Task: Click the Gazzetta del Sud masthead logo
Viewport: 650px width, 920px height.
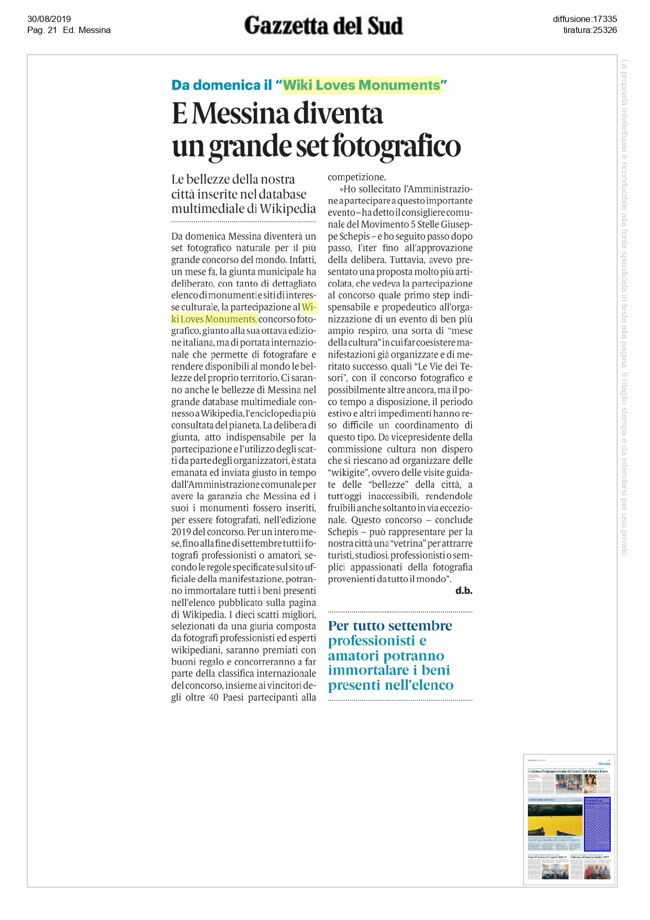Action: coord(323,26)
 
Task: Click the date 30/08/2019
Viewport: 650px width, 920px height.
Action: coord(49,19)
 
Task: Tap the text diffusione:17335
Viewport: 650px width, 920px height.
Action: coord(584,19)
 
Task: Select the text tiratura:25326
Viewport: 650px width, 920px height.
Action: coord(590,30)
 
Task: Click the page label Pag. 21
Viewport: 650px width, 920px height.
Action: coord(42,30)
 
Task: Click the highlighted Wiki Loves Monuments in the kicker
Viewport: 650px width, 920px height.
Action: coord(362,85)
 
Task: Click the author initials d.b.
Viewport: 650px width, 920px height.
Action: coord(464,591)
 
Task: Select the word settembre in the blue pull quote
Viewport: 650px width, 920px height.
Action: coord(421,626)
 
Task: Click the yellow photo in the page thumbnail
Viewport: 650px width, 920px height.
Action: coord(555,819)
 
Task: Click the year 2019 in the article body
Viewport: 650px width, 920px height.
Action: coord(182,532)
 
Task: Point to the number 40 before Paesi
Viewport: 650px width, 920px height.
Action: coord(214,698)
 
